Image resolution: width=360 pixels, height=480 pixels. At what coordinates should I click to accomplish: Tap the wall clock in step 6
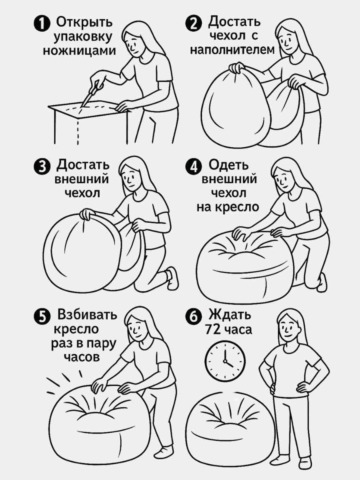tap(225, 358)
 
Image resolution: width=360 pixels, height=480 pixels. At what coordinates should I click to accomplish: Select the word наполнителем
tap(232, 50)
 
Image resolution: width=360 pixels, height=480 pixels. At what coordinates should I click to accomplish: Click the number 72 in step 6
tap(213, 330)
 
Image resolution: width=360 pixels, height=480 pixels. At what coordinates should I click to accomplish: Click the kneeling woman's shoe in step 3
tap(172, 277)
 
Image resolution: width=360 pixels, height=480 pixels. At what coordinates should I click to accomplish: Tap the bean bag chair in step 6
tap(224, 424)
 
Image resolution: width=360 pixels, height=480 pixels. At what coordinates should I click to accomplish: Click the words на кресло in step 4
tap(228, 207)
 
